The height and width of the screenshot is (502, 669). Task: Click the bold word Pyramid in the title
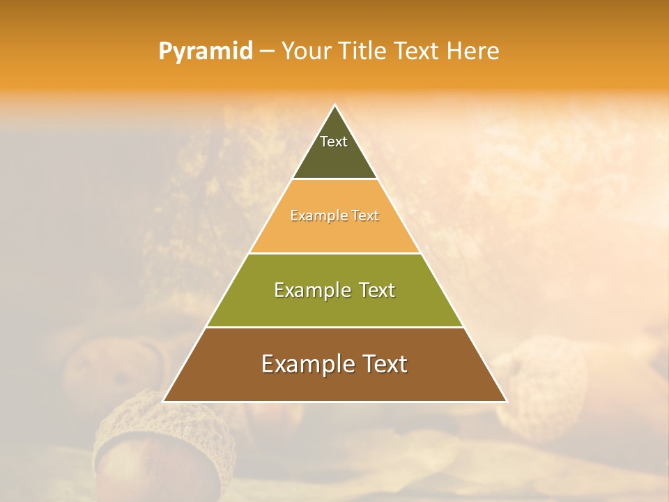pos(205,51)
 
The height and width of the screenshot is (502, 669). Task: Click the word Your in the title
pos(306,51)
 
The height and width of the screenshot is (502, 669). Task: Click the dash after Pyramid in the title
pos(267,52)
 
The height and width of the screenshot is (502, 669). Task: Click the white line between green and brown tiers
pos(334,327)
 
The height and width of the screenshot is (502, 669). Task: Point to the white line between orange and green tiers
pos(334,253)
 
